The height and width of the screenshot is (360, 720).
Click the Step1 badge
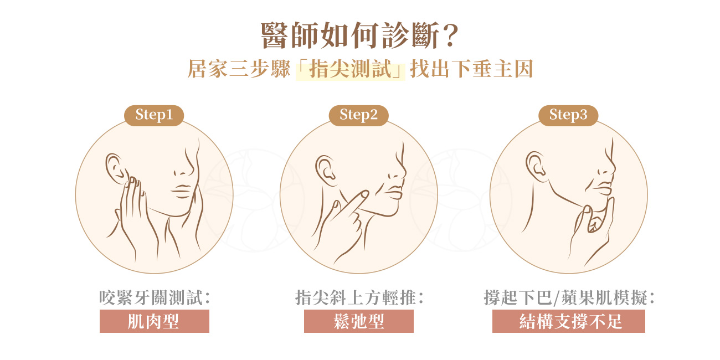tap(154, 115)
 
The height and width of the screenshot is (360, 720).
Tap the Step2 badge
tap(358, 115)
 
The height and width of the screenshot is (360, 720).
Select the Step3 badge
tap(568, 115)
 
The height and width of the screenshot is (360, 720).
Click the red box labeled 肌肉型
tap(154, 321)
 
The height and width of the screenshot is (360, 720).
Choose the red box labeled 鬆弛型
tap(359, 321)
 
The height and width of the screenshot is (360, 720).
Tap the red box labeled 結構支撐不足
tap(568, 321)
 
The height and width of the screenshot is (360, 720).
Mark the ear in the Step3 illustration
tap(535, 164)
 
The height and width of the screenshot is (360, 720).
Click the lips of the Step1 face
tap(182, 189)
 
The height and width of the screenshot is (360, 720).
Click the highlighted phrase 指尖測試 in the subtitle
tap(350, 71)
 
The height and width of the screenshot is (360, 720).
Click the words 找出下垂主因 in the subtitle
tap(471, 71)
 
